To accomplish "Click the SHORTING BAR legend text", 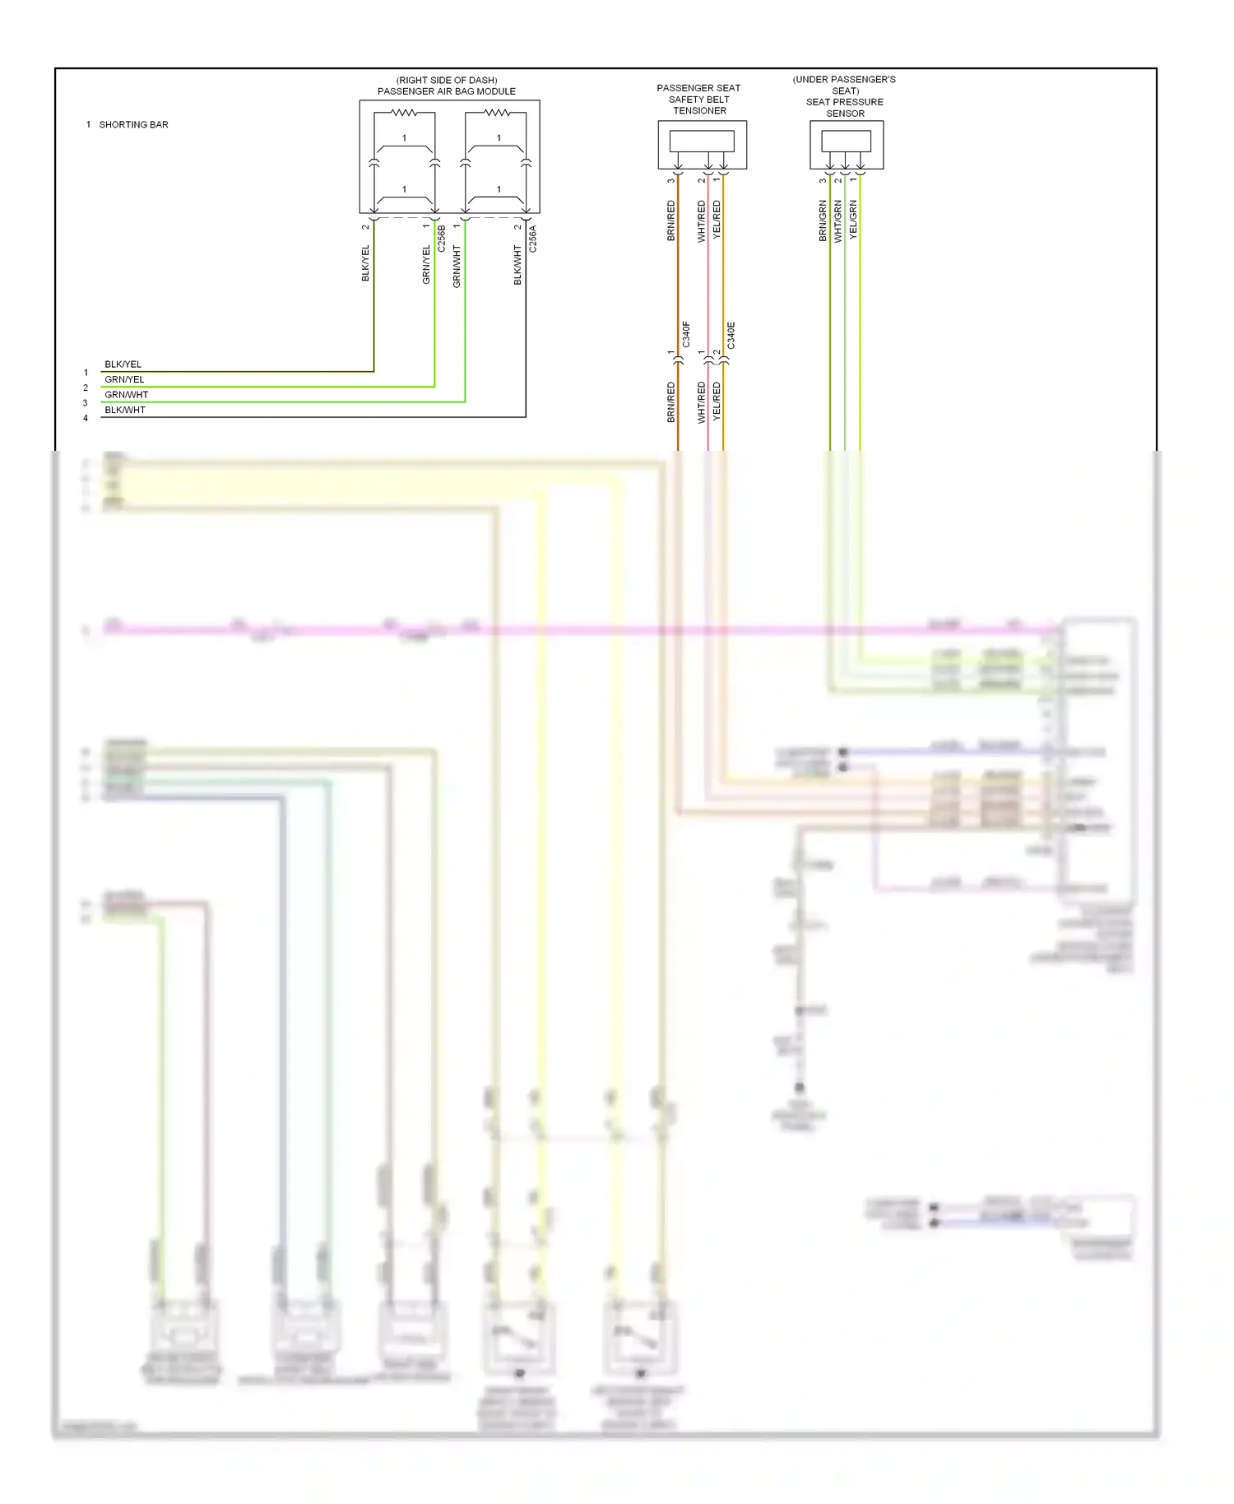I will coord(133,125).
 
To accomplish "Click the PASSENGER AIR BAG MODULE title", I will coord(447,91).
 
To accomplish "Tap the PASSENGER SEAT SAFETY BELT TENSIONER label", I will coord(699,100).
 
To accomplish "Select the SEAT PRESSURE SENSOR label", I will coord(845,108).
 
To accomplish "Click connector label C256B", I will coord(442,239).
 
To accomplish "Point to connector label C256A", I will coord(533,239).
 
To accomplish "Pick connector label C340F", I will coord(686,335).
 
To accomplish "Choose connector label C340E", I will coord(731,335).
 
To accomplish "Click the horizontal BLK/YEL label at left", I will coord(123,364).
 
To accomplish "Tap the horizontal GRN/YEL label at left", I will coord(124,380).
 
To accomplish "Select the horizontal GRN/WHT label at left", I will coord(127,395).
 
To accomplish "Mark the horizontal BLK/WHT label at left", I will coord(125,410).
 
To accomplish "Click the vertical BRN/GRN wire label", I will coord(823,220).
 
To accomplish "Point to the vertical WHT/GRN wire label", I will coord(838,220).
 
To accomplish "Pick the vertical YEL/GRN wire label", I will coord(853,220).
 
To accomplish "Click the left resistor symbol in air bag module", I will coord(404,113).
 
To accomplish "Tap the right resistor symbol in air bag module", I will coord(498,113).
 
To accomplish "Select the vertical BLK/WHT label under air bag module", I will coord(517,265).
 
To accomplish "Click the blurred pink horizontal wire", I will coord(576,630).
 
